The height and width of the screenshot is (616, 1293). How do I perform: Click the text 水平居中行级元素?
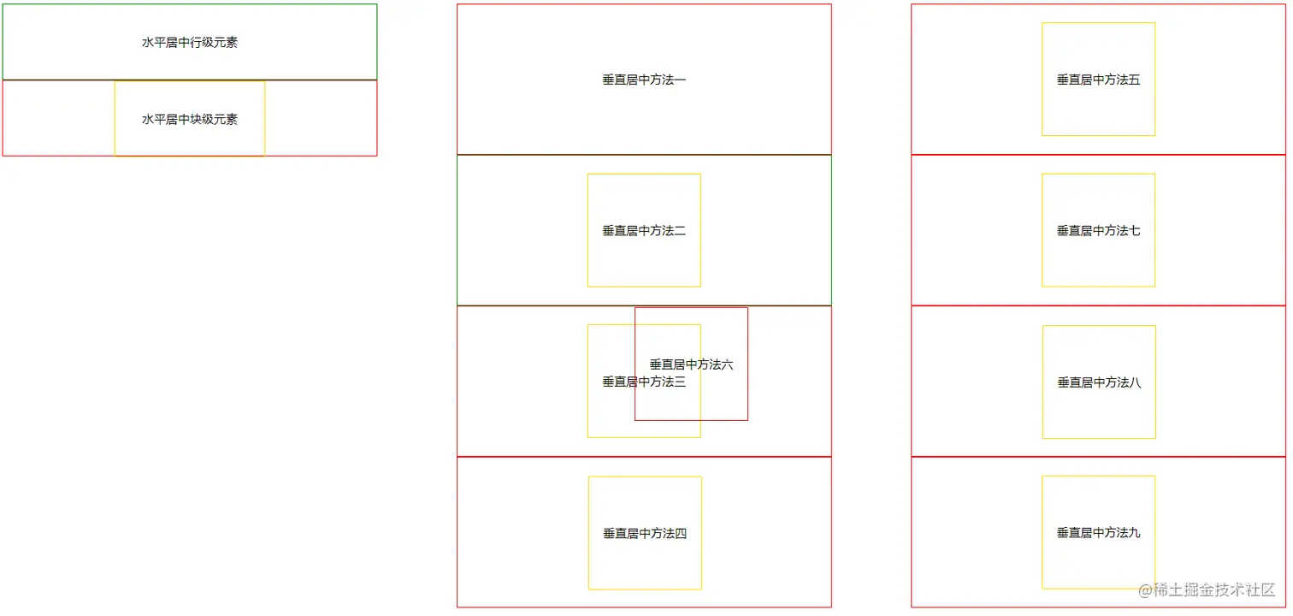coord(190,43)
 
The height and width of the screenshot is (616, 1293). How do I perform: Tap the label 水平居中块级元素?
coord(190,120)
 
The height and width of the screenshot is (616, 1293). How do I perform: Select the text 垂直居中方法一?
coord(644,80)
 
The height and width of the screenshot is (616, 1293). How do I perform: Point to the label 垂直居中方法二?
coord(644,231)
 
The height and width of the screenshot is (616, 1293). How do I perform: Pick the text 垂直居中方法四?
coord(645,534)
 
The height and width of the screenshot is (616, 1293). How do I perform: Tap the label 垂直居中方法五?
coord(1098,80)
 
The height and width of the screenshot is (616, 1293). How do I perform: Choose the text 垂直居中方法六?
coord(691,364)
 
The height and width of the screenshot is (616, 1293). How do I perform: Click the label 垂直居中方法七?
coord(1098,231)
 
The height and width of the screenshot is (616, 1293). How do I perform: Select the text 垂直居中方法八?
coord(1099,382)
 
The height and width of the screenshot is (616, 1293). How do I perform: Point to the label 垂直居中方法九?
coord(1098,533)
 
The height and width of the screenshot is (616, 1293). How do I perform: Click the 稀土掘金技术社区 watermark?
coord(1213,590)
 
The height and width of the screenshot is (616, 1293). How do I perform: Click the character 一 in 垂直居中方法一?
coord(681,80)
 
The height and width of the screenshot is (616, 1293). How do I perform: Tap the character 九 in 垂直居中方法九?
coord(1135,533)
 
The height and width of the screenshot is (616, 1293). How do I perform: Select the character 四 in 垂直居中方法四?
coord(682,534)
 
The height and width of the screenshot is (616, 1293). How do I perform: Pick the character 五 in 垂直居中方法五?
coord(1135,80)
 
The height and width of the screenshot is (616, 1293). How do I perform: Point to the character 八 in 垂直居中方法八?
coord(1136,382)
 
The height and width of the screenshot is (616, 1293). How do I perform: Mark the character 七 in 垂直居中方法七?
coord(1135,231)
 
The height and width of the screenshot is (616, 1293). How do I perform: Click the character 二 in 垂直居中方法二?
coord(681,231)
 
